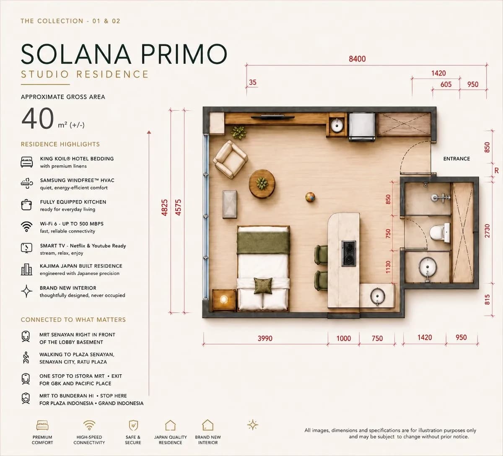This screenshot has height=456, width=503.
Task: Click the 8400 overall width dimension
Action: [x=357, y=59]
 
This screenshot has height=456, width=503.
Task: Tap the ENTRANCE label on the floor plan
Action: [x=456, y=159]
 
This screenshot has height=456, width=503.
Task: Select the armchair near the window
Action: [x=231, y=159]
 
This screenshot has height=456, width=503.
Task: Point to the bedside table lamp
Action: [x=224, y=299]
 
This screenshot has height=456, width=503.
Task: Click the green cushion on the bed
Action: [x=263, y=286]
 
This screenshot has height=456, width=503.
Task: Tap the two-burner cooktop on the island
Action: [x=349, y=253]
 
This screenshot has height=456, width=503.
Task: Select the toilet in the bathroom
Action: [x=440, y=233]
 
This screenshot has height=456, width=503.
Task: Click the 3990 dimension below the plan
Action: [x=265, y=338]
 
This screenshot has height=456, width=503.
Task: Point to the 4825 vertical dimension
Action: [x=164, y=207]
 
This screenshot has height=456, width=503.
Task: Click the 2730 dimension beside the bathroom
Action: [x=487, y=231]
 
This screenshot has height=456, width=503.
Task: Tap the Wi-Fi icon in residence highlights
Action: [x=26, y=227]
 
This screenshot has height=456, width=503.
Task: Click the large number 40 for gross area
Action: [x=38, y=118]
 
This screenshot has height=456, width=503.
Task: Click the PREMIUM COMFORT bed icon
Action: [x=42, y=425]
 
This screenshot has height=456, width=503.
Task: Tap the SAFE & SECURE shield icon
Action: [x=133, y=425]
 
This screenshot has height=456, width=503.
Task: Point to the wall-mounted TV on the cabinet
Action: [x=273, y=117]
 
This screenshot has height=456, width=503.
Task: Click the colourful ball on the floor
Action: [x=310, y=197]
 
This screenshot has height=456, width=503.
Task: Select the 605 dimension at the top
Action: [x=446, y=84]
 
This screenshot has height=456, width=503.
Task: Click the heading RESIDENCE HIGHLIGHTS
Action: [x=60, y=144]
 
